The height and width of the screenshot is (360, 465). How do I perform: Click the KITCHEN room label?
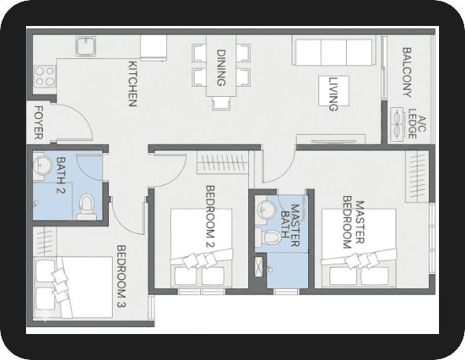(132, 84)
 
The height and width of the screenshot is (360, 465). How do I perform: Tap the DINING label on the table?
(221, 68)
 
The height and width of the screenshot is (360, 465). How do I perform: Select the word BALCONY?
(407, 72)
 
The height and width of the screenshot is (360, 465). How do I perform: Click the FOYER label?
(39, 122)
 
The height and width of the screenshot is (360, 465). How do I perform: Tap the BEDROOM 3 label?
(121, 276)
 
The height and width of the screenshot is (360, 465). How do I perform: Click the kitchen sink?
(86, 46)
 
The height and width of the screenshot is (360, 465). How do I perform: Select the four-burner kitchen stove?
(45, 76)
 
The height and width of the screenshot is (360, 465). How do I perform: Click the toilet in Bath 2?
(87, 206)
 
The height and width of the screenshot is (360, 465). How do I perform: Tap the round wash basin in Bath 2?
(43, 165)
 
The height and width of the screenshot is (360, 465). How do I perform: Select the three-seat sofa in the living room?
(333, 50)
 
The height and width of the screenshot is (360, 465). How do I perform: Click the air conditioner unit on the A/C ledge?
(397, 124)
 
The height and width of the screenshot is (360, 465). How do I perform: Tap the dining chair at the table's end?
(221, 104)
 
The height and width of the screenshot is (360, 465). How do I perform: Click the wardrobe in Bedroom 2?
(223, 162)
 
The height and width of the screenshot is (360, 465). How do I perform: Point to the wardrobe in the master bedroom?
(417, 176)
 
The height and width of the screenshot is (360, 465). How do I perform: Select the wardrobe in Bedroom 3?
(44, 241)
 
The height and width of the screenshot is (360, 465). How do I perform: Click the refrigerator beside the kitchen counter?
(154, 48)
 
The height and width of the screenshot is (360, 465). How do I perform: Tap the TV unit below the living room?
(331, 139)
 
